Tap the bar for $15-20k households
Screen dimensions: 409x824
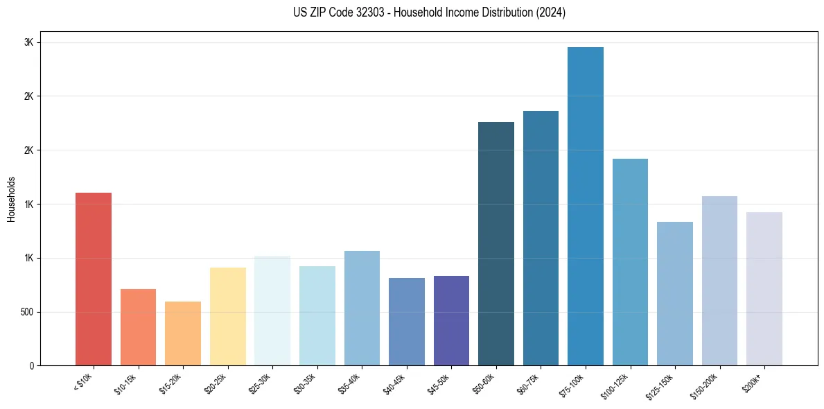pos(183,333)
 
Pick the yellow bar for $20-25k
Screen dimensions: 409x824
pos(228,316)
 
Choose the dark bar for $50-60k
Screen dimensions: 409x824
pos(496,243)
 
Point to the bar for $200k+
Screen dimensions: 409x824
pos(764,288)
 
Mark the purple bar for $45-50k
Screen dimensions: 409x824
pos(451,320)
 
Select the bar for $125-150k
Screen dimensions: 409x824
pos(675,293)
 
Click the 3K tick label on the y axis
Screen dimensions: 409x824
pos(28,42)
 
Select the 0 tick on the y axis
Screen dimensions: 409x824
pos(31,365)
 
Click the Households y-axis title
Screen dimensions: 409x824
pos(11,199)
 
